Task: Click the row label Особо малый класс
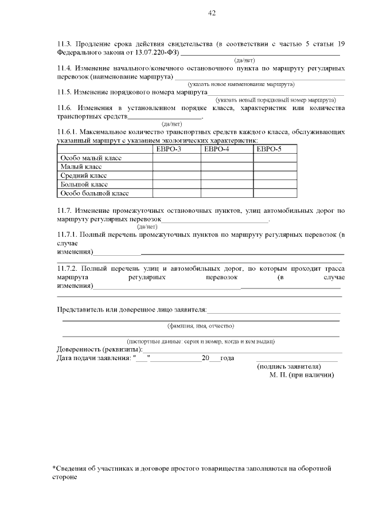point(91,158)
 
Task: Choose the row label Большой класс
point(84,185)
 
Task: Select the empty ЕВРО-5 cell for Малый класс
point(275,167)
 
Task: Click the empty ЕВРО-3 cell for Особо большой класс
point(176,193)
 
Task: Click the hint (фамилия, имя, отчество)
point(201,326)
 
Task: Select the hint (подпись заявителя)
point(289,366)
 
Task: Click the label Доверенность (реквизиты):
point(99,349)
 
